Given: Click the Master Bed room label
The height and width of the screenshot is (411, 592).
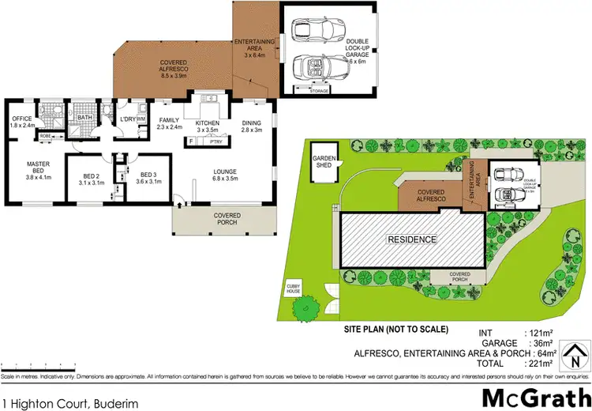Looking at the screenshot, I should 39,171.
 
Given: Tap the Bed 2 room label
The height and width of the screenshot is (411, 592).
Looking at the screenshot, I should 92,178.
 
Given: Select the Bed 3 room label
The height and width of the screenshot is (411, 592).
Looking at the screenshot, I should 150,178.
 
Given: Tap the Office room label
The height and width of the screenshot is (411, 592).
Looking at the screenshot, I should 21,123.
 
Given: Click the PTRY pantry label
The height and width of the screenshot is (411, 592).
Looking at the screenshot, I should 215,142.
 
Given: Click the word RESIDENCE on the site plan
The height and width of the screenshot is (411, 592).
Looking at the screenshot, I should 410,239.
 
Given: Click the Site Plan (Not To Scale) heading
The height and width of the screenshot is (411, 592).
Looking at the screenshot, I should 396,328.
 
